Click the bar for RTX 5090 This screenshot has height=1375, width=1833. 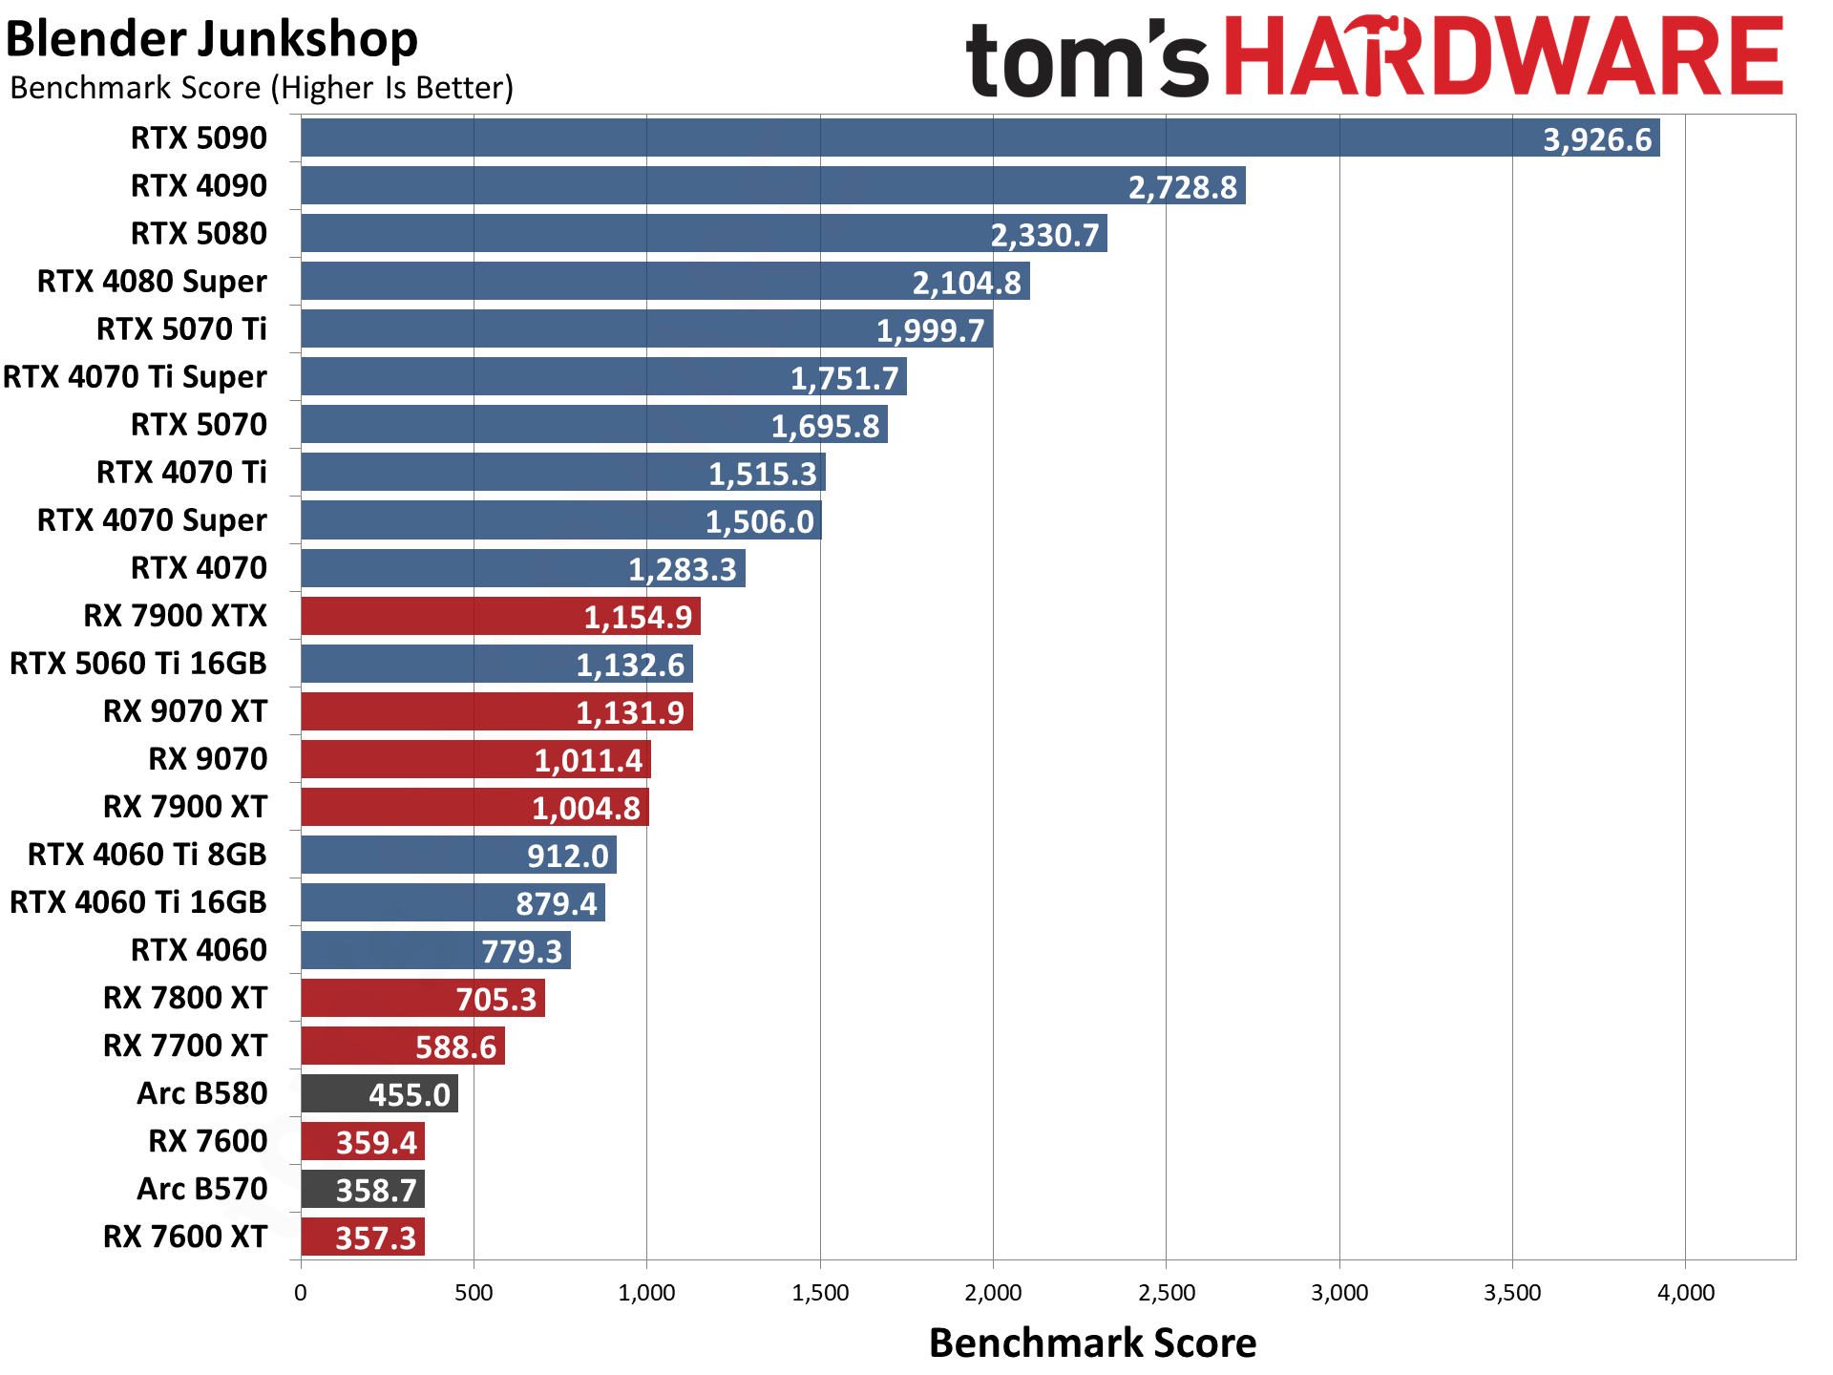click(x=980, y=137)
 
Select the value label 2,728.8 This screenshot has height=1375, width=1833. click(x=1183, y=187)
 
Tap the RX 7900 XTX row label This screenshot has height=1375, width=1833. click(x=176, y=616)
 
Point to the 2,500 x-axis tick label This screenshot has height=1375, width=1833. click(x=1166, y=1293)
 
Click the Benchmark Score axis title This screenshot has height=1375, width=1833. click(x=1092, y=1343)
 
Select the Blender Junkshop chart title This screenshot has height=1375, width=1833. click(x=212, y=40)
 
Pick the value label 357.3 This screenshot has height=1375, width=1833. click(x=375, y=1238)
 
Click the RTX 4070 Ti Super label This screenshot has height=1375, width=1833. click(x=135, y=377)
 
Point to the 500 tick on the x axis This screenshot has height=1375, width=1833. click(x=474, y=1293)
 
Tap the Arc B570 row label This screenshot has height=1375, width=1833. click(x=202, y=1189)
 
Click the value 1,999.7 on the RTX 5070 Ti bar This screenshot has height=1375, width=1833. click(x=930, y=330)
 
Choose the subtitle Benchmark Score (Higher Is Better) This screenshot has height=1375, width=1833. click(x=262, y=88)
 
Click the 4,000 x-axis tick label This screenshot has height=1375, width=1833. click(x=1685, y=1293)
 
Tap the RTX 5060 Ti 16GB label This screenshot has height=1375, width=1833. click(x=138, y=664)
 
